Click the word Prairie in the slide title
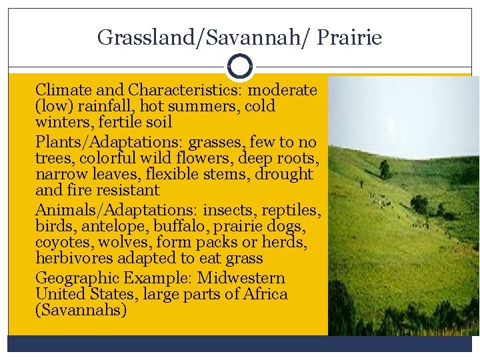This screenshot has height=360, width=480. click(x=349, y=37)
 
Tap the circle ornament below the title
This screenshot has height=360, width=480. click(x=239, y=67)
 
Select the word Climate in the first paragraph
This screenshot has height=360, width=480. click(x=61, y=89)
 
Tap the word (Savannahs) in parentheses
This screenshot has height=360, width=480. click(x=81, y=310)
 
